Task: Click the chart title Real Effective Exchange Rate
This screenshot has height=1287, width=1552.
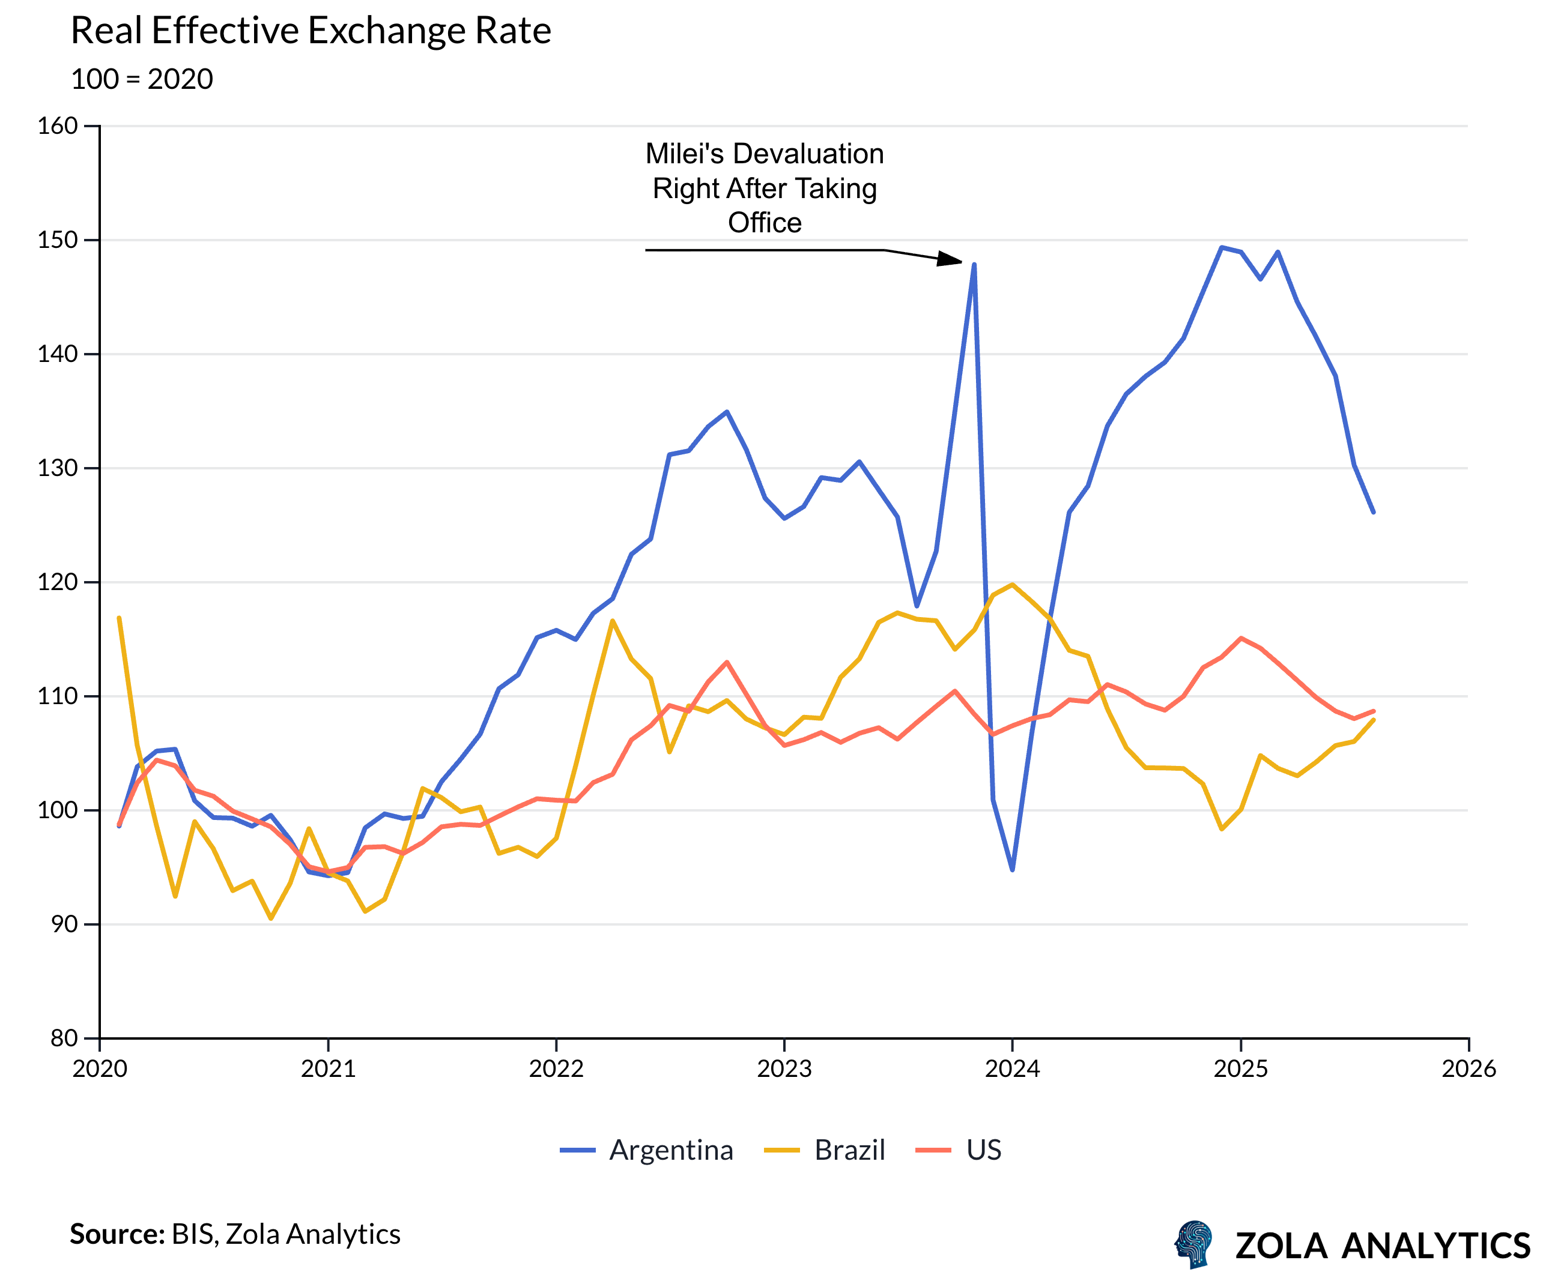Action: tap(311, 31)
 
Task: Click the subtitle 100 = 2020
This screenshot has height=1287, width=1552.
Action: tap(142, 79)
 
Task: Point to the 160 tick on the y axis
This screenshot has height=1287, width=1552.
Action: tap(58, 126)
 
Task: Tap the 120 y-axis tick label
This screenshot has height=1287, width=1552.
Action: tap(58, 582)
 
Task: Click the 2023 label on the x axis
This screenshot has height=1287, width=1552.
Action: tap(784, 1069)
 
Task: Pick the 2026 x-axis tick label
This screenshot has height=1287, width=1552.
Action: tap(1469, 1069)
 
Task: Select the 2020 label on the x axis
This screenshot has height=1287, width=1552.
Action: tap(100, 1069)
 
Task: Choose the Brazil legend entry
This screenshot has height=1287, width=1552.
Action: tap(825, 1150)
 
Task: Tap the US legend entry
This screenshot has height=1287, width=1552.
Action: tap(959, 1150)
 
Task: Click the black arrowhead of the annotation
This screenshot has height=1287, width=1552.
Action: tap(950, 259)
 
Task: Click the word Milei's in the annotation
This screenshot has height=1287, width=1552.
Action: tap(684, 154)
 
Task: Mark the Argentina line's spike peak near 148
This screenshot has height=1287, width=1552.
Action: tap(974, 265)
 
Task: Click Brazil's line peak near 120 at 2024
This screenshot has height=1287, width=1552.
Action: tap(1013, 585)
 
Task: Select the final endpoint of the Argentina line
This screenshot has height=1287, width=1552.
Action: tap(1373, 512)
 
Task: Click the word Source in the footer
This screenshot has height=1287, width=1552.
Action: tap(115, 1234)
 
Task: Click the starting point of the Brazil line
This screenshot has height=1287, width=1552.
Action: tap(119, 618)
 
